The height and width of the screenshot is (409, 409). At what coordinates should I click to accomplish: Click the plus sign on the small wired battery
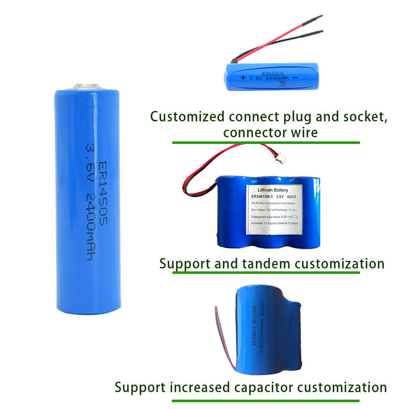point(244,78)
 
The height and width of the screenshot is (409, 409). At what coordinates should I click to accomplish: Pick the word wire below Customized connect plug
point(304,133)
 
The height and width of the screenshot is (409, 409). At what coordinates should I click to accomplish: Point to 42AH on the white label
point(305,197)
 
